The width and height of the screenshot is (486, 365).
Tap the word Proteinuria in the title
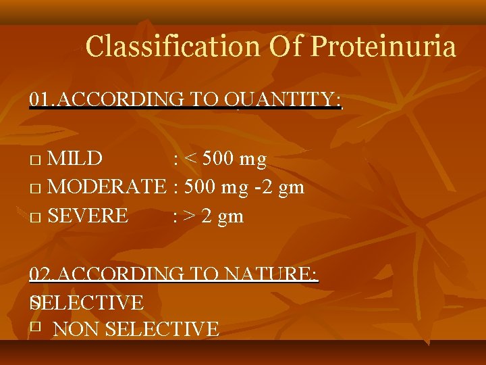coord(383,47)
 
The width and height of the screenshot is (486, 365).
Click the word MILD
coord(76,159)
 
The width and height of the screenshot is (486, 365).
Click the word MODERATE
coord(107,187)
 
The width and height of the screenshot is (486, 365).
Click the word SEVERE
coord(88,216)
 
